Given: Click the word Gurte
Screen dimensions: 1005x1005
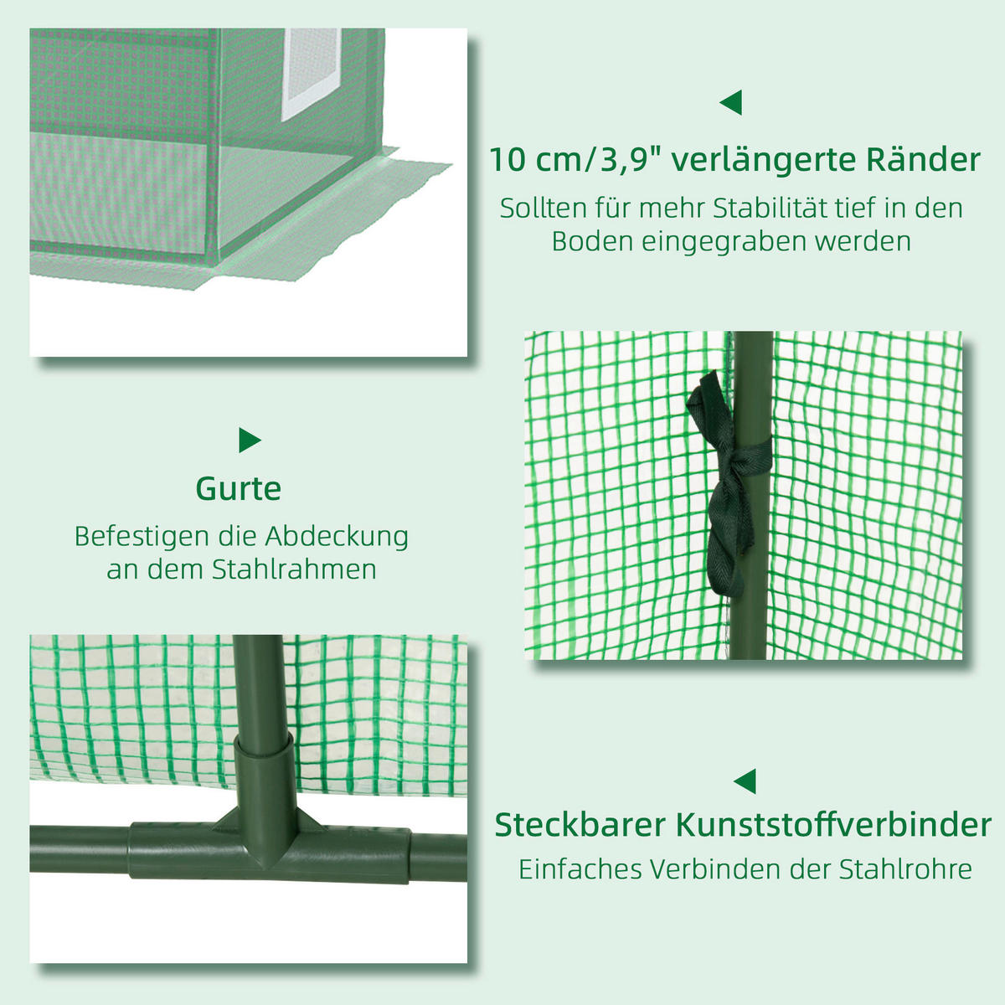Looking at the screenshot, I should click(x=239, y=488).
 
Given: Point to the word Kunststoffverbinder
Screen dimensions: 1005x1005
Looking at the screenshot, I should click(x=833, y=825).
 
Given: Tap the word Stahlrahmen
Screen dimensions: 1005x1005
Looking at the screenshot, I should click(x=294, y=569).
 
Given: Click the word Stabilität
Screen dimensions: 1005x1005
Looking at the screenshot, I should click(x=767, y=208).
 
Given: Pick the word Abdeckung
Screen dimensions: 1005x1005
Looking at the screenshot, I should click(x=337, y=536).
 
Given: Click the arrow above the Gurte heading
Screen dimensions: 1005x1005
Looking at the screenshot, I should click(x=249, y=440).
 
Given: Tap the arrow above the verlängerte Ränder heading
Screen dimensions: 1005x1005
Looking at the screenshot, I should click(x=731, y=103).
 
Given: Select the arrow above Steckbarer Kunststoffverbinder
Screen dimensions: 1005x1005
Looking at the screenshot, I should click(x=745, y=781).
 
